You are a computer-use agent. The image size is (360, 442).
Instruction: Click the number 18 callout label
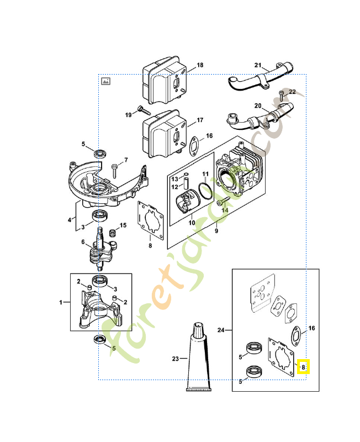200,65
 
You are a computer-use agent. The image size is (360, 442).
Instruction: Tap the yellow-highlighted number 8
303,367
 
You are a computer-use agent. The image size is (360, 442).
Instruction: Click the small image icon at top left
105,81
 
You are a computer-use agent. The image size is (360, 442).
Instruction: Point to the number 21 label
258,65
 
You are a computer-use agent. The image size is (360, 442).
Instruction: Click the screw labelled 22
282,96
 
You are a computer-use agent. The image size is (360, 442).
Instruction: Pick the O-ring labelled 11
205,191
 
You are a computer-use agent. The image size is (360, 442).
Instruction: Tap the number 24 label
221,330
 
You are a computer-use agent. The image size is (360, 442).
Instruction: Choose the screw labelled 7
114,171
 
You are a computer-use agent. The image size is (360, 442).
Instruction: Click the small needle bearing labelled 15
113,233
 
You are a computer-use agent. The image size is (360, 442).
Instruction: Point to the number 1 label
61,302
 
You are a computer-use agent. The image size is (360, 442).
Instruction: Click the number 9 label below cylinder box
216,231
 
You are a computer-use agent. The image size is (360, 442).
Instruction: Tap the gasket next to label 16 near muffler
195,146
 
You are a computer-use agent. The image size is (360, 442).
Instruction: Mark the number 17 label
200,120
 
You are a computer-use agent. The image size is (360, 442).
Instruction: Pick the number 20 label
258,106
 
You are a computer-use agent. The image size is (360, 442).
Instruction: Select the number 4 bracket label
70,220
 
